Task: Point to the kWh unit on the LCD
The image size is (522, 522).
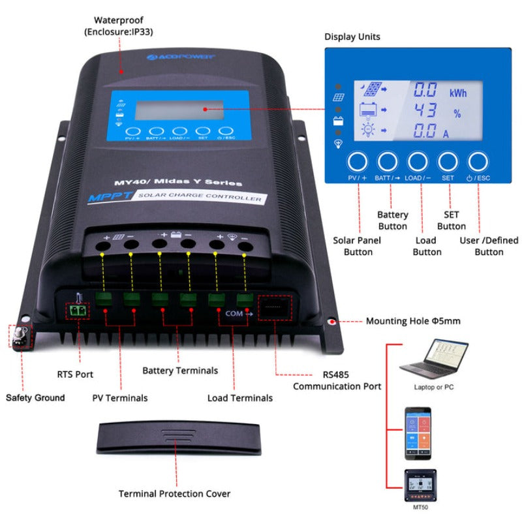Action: pos(457,93)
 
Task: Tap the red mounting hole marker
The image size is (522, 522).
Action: pos(332,322)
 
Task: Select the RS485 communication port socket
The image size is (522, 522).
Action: pos(276,307)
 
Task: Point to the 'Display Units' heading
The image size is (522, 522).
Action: pos(352,37)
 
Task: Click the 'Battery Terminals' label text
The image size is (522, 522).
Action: pos(180,371)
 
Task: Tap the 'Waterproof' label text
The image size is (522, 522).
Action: pos(117,20)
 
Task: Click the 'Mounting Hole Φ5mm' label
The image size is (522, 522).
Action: pos(413,321)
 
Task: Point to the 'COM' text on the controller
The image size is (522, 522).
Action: pos(234,313)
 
